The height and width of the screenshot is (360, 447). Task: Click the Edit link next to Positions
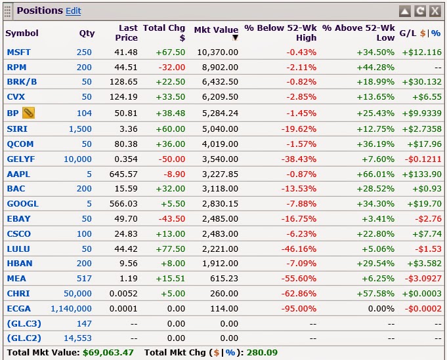pos(74,11)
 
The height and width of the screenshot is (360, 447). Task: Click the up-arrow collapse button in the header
pos(405,11)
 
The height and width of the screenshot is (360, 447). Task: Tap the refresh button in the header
pos(420,11)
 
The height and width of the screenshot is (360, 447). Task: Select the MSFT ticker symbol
pos(18,52)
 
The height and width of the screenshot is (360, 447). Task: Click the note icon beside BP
pos(28,113)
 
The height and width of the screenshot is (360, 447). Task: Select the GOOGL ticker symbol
pos(22,203)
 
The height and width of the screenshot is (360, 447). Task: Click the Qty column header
pos(87,33)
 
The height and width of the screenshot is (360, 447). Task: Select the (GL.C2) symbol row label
pos(22,338)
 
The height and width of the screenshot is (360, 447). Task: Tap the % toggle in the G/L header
pos(436,33)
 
